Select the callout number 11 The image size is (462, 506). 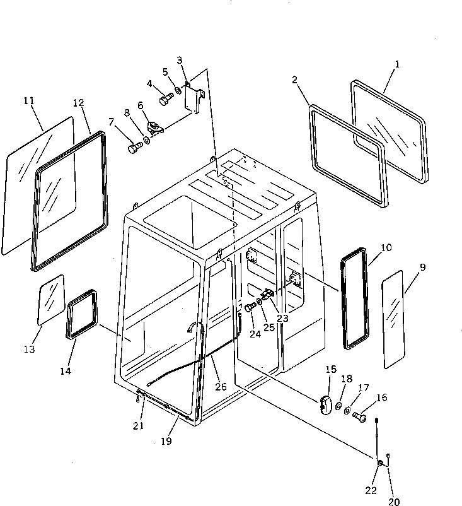[28, 101]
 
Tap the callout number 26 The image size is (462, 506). [220, 386]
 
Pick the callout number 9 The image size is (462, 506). [422, 268]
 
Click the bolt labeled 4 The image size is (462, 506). [166, 100]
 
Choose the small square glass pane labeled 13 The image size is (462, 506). [52, 299]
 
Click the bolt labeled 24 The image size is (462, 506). [250, 307]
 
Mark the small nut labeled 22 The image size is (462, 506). [381, 465]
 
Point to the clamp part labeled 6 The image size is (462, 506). [154, 126]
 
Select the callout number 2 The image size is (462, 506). [294, 81]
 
